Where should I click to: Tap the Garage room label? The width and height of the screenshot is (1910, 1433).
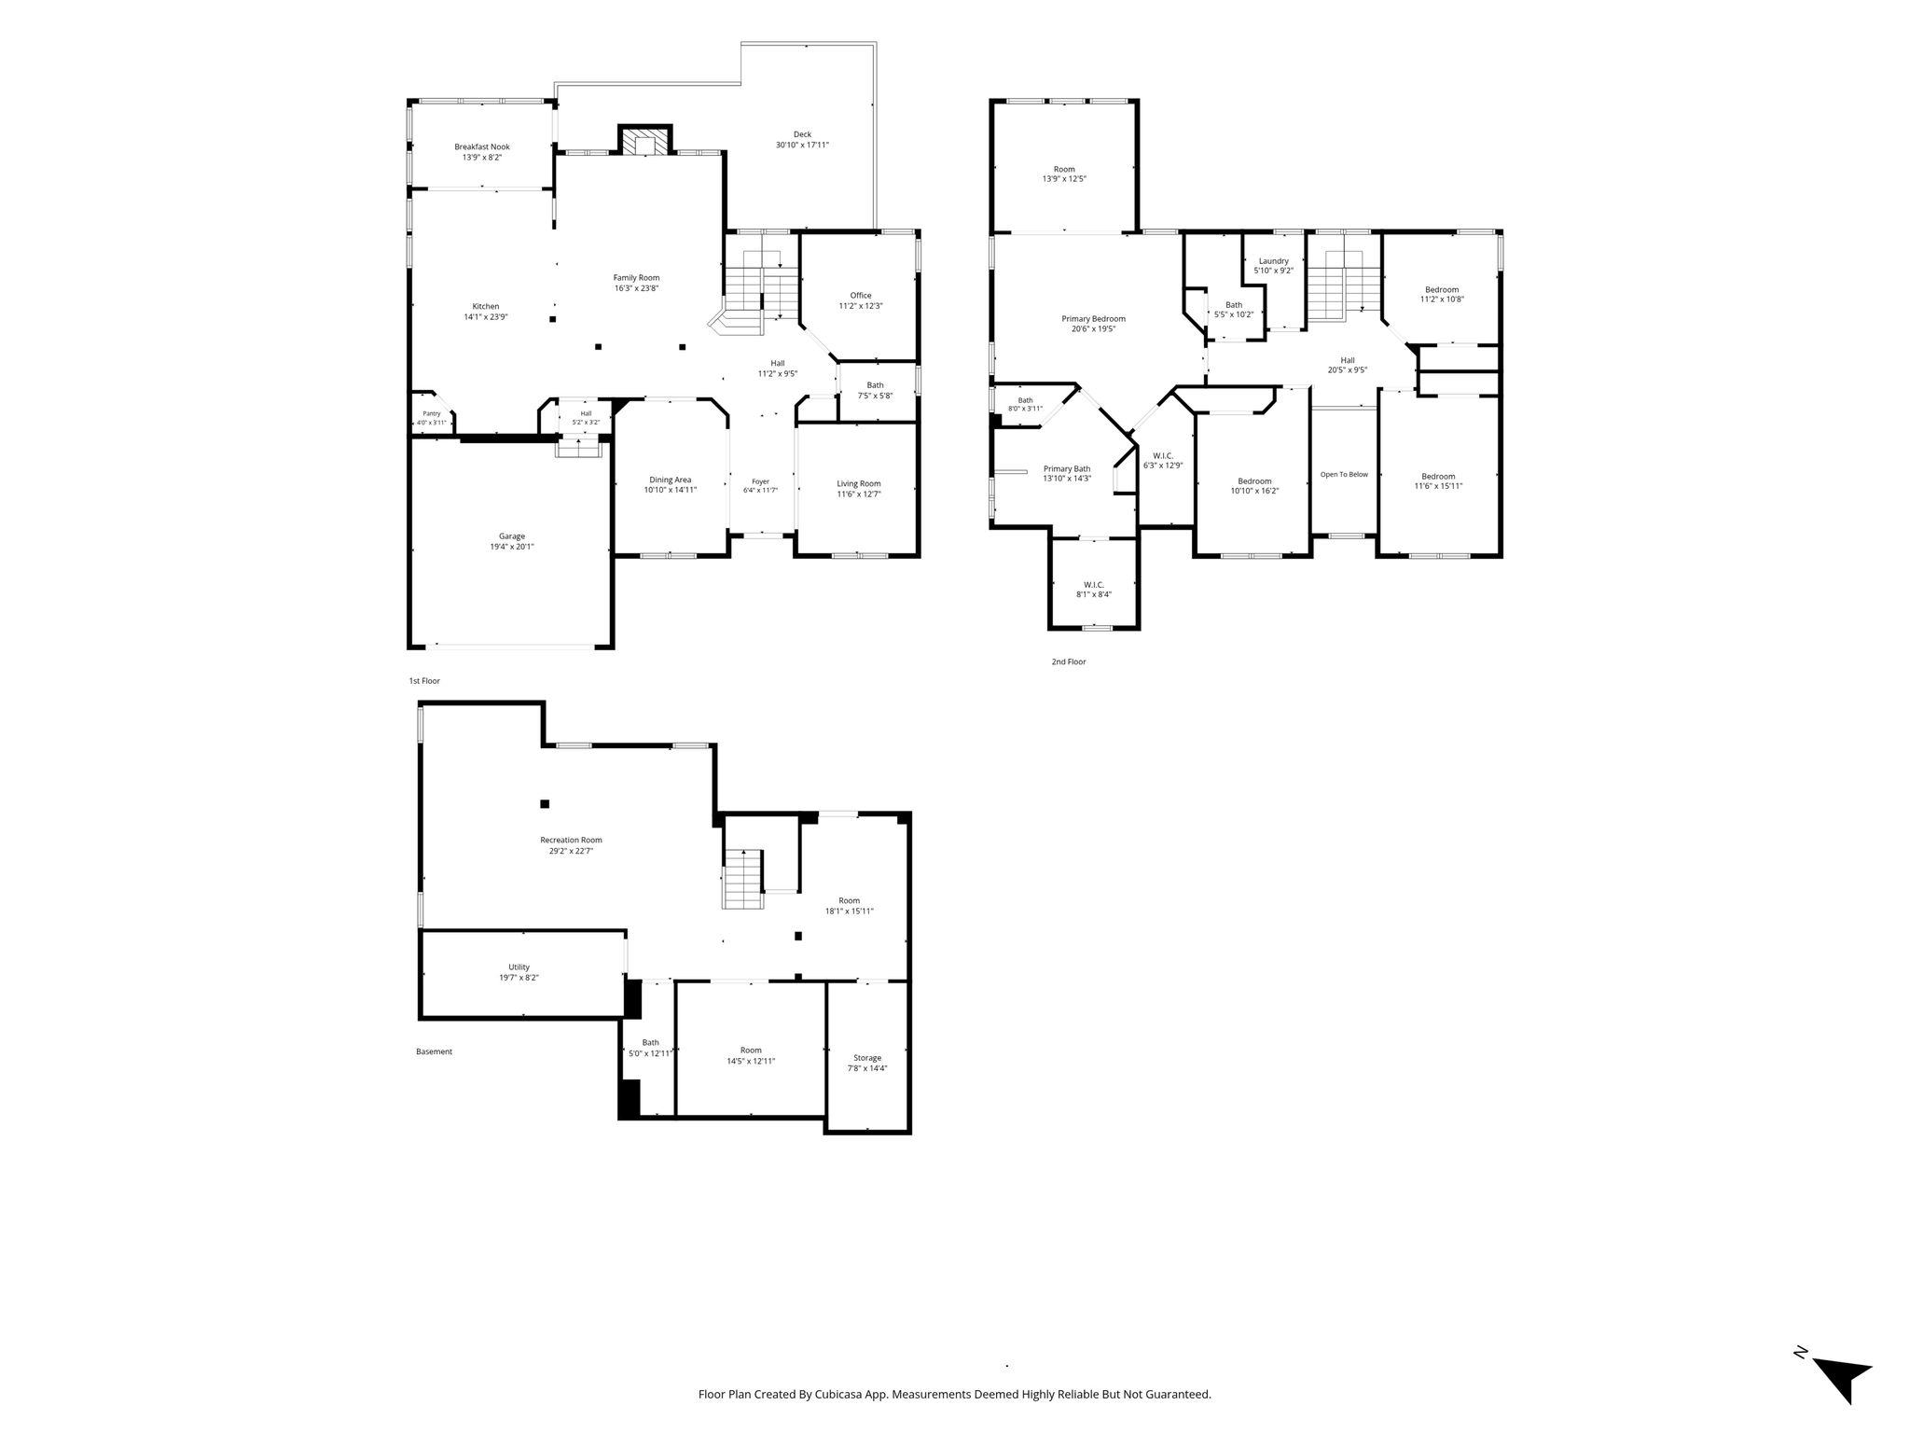click(512, 536)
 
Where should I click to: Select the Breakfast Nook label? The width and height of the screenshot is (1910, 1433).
click(482, 146)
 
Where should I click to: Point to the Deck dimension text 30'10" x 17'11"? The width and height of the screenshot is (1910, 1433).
click(802, 146)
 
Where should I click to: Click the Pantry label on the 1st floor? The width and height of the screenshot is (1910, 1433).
click(431, 413)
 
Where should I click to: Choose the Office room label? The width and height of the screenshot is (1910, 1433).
click(861, 296)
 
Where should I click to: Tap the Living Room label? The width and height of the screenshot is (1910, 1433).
click(859, 484)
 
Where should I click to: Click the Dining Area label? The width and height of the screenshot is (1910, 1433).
click(671, 480)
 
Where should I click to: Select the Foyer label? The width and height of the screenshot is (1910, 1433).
click(760, 481)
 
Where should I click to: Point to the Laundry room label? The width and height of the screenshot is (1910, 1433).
click(1274, 261)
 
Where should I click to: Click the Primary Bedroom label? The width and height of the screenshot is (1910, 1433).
click(1094, 319)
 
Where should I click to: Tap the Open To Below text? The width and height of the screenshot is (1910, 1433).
click(1344, 474)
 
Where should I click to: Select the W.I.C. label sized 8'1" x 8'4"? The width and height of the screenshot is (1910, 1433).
click(1094, 585)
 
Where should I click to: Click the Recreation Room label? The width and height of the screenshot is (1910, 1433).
click(572, 840)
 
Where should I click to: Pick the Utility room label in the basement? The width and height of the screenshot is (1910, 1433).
click(519, 967)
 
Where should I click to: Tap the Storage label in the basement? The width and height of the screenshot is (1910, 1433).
click(867, 1058)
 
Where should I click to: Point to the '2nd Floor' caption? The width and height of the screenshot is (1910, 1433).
click(1069, 662)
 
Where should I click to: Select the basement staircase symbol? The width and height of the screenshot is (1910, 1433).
click(743, 879)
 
